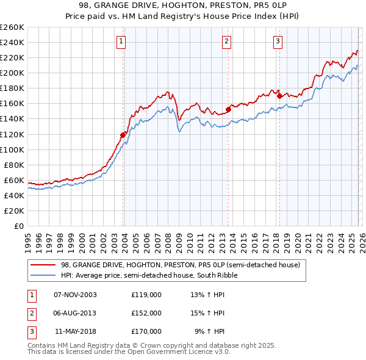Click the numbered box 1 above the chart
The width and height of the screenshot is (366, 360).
(121, 41)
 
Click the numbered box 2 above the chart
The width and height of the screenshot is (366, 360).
(226, 41)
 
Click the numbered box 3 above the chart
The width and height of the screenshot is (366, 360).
(278, 41)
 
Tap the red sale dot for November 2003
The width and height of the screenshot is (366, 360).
(123, 134)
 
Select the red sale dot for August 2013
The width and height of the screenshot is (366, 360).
(228, 109)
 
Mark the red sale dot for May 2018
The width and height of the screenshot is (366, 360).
(279, 95)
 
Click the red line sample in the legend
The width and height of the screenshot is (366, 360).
(43, 265)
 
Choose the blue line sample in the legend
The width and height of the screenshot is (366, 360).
(43, 275)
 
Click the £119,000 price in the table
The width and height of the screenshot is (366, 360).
(146, 295)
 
